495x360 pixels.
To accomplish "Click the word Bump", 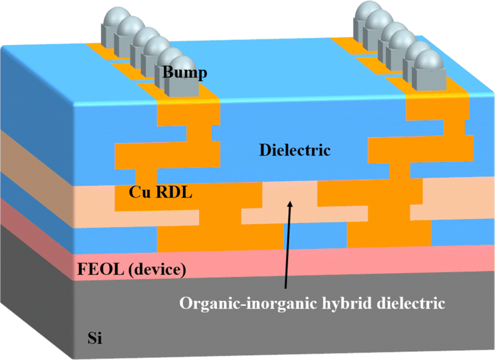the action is click(x=185, y=72).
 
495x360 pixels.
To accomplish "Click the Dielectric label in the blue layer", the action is click(x=295, y=150).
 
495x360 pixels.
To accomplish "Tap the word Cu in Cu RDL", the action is click(x=140, y=192).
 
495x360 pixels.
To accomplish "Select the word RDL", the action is click(x=174, y=192).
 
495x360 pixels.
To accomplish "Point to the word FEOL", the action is click(x=100, y=269).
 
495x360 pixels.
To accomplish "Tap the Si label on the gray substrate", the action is click(x=95, y=338).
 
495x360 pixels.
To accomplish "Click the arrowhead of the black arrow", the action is click(x=291, y=204).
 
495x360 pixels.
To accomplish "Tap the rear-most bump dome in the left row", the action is click(x=117, y=17).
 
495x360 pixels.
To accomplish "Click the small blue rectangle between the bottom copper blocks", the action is click(x=315, y=235).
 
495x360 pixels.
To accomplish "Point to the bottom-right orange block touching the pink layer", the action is click(x=389, y=234).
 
